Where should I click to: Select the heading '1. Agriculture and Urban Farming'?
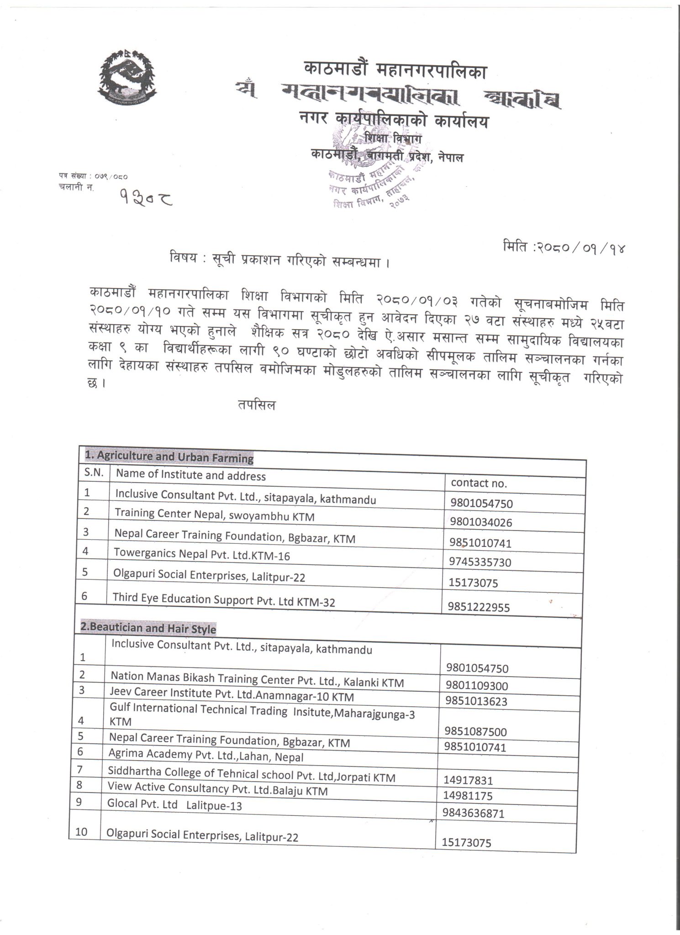pos(169,457)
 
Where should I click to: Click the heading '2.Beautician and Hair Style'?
pos(148,628)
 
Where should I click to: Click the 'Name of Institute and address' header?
pos(190,475)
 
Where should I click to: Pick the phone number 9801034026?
pos(481,522)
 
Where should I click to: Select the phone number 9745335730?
pos(480,562)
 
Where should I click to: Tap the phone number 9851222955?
pos(479,607)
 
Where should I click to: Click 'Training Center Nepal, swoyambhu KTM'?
pos(214,515)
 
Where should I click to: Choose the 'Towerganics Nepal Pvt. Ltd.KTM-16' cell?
pos(202,554)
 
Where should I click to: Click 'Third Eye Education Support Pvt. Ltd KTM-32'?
pos(224,600)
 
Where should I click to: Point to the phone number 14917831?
pos(468,780)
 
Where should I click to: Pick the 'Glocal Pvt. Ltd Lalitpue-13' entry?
pos(174,805)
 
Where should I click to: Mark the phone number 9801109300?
pos(476,686)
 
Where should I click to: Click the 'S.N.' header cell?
pos(94,473)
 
